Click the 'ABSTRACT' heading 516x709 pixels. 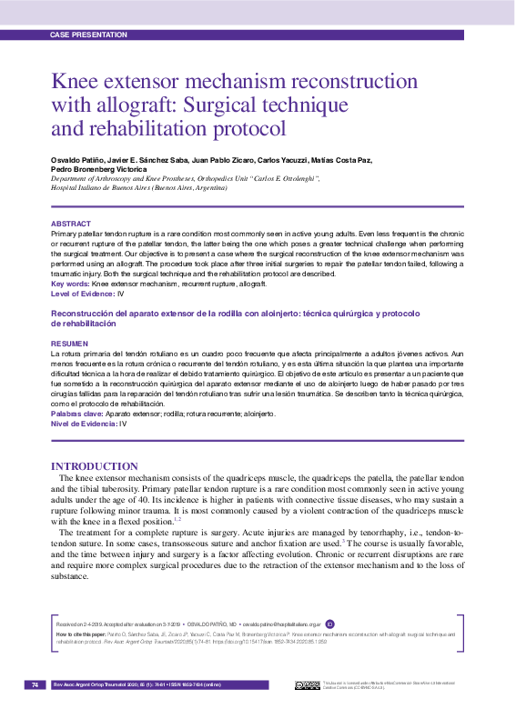coord(70,224)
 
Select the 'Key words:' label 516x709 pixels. coord(70,285)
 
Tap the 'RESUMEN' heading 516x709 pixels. coord(69,344)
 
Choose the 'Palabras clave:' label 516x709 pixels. coord(77,414)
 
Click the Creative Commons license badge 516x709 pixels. coord(307,684)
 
